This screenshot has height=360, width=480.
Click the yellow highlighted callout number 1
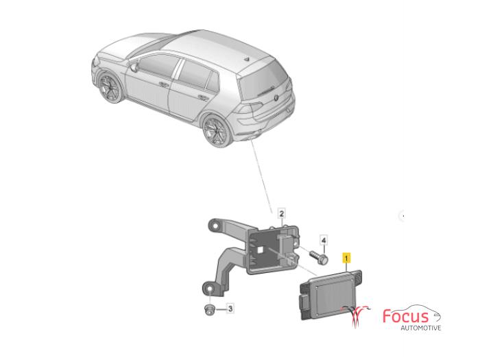(x=346, y=258)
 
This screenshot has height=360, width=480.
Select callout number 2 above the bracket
(x=282, y=213)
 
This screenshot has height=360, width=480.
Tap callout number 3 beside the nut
(x=230, y=309)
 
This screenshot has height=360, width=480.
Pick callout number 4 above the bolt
(x=324, y=240)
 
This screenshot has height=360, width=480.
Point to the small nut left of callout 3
(x=209, y=309)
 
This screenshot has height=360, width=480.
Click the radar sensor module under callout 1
(x=331, y=295)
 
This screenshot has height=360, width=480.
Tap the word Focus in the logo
(x=406, y=316)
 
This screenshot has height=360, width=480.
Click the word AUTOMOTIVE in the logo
(x=421, y=328)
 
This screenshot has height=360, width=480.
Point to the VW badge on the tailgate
(x=276, y=98)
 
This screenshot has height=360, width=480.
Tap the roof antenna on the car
(x=247, y=59)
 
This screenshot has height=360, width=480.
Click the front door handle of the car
(x=163, y=84)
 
